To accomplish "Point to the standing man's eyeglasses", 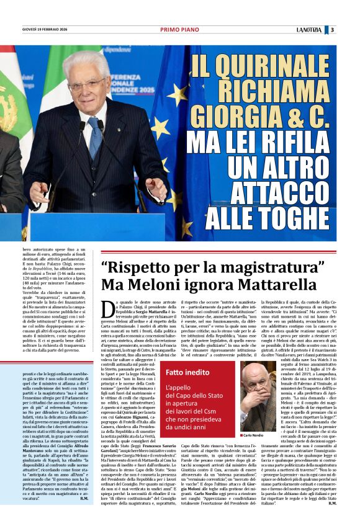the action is coord(87,84).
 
